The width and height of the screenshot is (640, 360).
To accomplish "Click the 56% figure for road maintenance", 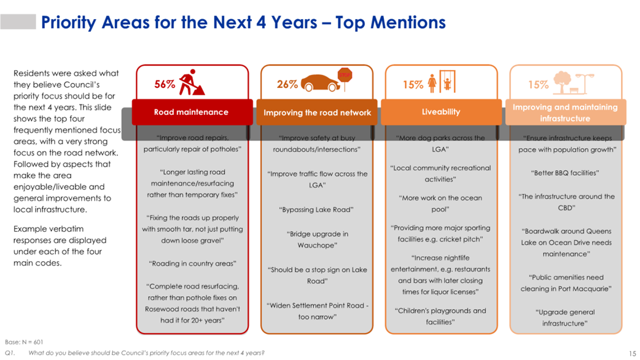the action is pyautogui.click(x=165, y=85).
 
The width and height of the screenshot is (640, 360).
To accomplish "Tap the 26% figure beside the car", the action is pyautogui.click(x=287, y=85).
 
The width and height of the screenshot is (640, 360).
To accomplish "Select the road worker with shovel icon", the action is pyautogui.click(x=192, y=82).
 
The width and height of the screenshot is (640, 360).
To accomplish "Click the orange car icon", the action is pyautogui.click(x=321, y=83).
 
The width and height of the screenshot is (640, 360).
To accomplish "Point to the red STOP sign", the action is pyautogui.click(x=345, y=75).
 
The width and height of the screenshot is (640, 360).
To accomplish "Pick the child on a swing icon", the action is pyautogui.click(x=447, y=81).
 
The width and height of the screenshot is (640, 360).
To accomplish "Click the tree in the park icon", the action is pyautogui.click(x=562, y=82).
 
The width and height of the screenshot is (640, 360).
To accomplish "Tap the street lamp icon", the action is pyautogui.click(x=585, y=84).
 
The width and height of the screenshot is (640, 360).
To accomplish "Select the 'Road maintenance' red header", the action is pyautogui.click(x=192, y=112).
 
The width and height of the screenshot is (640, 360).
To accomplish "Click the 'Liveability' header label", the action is pyautogui.click(x=441, y=112).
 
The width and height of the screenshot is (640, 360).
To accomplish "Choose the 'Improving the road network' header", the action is pyautogui.click(x=317, y=112).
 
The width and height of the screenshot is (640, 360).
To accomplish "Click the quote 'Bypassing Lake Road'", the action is pyautogui.click(x=316, y=210).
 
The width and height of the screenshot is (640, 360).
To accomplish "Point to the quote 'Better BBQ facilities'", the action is pyautogui.click(x=565, y=173).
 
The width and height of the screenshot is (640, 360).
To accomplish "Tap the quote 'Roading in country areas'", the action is pyautogui.click(x=192, y=264).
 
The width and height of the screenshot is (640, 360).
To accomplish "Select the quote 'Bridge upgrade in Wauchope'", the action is pyautogui.click(x=317, y=240).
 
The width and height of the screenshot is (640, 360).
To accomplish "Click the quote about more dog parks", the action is pyautogui.click(x=440, y=144).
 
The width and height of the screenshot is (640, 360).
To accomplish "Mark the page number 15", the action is pyautogui.click(x=632, y=353).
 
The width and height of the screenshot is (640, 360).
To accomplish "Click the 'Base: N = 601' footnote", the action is pyautogui.click(x=24, y=342).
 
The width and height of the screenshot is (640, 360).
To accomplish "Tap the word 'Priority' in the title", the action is pyautogui.click(x=69, y=23).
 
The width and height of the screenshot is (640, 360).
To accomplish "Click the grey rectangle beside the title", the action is pyautogui.click(x=18, y=22).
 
